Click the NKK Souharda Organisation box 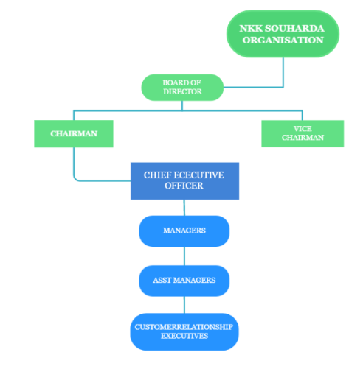(283, 34)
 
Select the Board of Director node (182, 88)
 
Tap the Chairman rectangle (74, 133)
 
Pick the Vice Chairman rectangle (302, 133)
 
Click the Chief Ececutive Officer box (184, 180)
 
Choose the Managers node (184, 231)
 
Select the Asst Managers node (184, 281)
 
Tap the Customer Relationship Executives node (184, 331)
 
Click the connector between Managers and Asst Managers (184, 256)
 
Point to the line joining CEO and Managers (184, 208)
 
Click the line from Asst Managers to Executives (184, 305)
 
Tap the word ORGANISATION (283, 40)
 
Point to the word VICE (302, 129)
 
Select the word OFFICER (184, 186)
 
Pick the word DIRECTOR (182, 91)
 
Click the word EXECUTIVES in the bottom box (184, 336)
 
